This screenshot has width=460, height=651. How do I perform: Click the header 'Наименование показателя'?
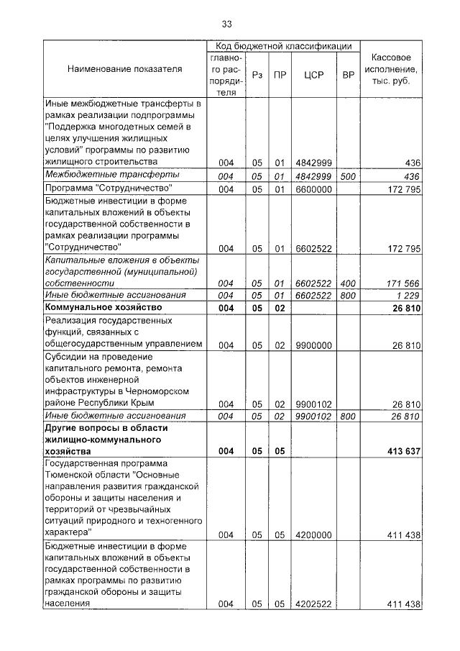(x=124, y=69)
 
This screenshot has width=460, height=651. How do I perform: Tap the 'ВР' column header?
(x=348, y=74)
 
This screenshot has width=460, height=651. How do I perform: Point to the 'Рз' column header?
(x=258, y=74)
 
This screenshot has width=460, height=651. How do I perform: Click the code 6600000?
(x=312, y=189)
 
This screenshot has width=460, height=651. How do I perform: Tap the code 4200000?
(x=312, y=535)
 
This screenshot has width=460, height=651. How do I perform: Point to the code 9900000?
(x=312, y=345)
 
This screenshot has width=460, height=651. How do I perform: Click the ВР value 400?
(x=348, y=283)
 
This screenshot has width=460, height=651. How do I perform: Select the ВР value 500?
(x=348, y=176)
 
